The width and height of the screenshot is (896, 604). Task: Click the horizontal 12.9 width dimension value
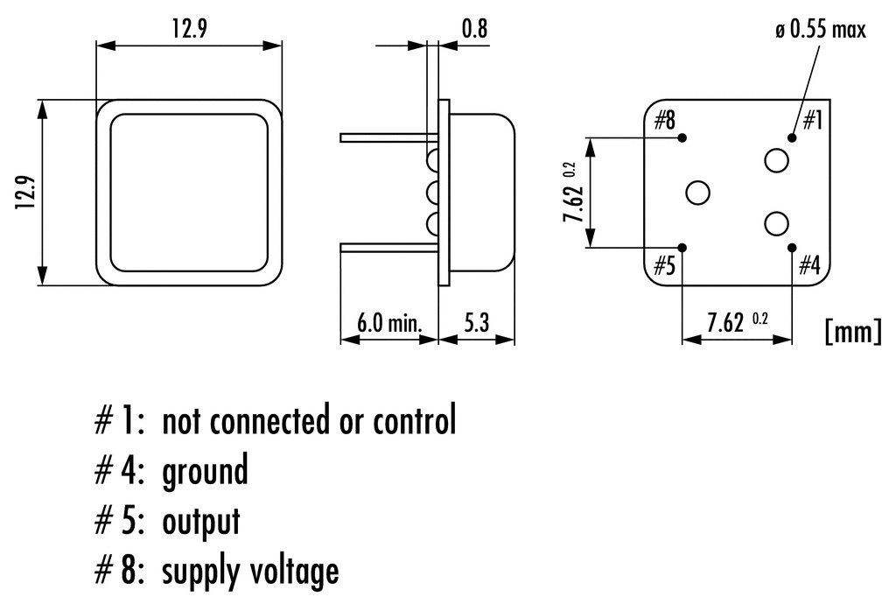pos(189,28)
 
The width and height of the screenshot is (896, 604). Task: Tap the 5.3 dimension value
pos(476,324)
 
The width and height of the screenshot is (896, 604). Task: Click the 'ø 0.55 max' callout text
pos(820,30)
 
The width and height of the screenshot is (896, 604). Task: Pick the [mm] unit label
pos(851,331)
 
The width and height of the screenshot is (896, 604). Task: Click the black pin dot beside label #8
pos(683,137)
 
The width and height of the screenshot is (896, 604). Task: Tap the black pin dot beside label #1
pos(792,137)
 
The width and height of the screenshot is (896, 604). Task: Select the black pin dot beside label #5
pos(683,248)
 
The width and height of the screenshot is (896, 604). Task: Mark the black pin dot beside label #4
pos(792,248)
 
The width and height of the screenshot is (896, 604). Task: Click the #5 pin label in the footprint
pos(665,265)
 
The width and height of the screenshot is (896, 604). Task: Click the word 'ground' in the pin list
pos(205,472)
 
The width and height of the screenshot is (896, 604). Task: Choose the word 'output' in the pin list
pos(200,522)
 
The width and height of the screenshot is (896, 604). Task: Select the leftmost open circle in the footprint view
pos(698,193)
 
